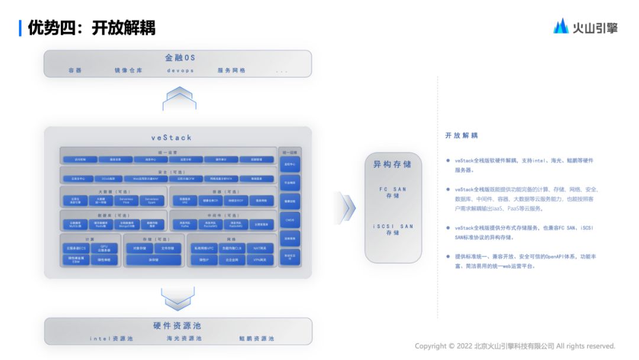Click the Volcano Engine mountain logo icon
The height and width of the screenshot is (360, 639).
tap(560, 26)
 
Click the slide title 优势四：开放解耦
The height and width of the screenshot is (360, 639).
tap(91, 27)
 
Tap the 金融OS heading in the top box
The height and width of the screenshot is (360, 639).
tap(179, 58)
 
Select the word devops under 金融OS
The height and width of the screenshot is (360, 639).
tap(180, 70)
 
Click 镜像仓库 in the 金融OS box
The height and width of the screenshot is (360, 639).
tap(128, 70)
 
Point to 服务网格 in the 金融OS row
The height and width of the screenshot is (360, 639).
tap(231, 70)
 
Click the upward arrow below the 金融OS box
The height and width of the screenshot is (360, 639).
tap(179, 98)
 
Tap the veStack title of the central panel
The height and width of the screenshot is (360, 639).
tap(171, 137)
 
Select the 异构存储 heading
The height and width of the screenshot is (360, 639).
tap(392, 164)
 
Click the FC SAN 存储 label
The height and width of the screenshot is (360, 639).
tap(393, 192)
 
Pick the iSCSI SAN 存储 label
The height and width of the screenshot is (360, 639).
tap(393, 230)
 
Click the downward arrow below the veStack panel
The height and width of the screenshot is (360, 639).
tap(179, 298)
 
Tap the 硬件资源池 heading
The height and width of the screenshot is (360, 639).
tap(177, 326)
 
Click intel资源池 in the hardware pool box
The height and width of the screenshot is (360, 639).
tap(111, 339)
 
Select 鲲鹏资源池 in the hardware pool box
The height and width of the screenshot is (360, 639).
tap(257, 339)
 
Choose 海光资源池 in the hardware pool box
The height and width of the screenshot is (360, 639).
tap(184, 339)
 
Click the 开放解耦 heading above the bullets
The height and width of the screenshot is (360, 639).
tap(461, 136)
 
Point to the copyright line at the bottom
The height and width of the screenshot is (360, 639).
tap(515, 346)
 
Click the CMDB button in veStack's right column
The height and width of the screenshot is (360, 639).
tap(289, 220)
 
